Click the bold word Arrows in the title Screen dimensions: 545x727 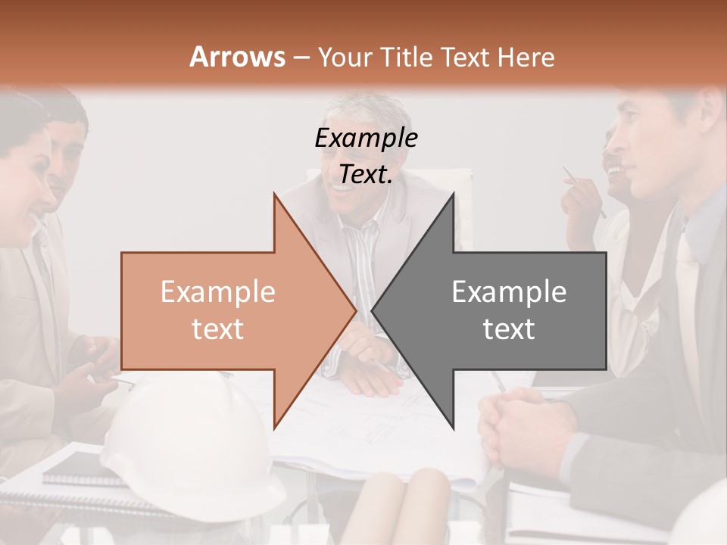(x=237, y=57)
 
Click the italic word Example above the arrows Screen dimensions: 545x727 (x=366, y=139)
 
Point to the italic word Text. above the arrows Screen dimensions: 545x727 (x=366, y=175)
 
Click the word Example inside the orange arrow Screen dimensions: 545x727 (x=217, y=292)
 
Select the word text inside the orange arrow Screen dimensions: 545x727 (x=217, y=329)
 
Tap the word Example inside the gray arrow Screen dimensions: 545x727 (x=509, y=292)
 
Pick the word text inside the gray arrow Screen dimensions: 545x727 (x=509, y=329)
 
